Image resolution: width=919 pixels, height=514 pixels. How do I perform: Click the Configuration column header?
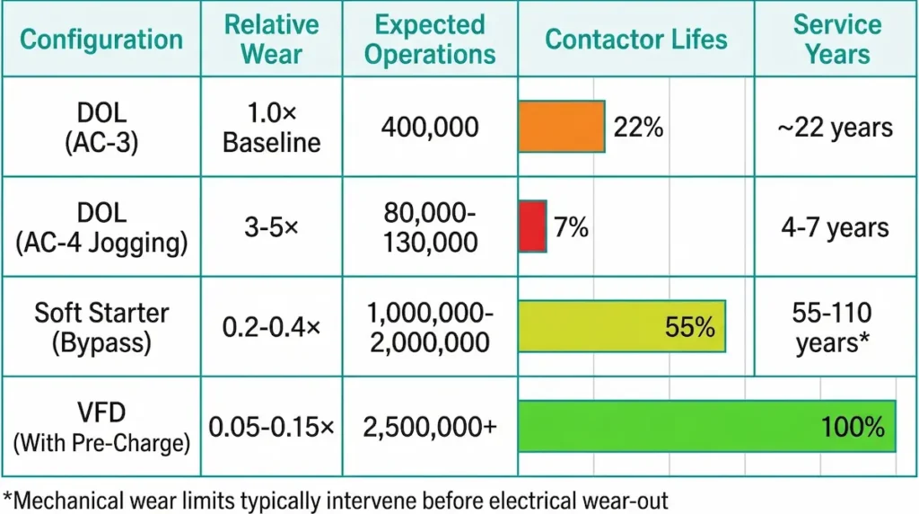pos(101,40)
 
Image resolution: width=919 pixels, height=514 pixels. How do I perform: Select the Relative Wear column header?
pos(271,39)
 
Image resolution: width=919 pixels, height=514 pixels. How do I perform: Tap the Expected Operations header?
pos(430,39)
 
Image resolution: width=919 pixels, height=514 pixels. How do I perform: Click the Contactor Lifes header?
pos(636,40)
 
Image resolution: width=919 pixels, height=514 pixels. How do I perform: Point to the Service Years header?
pos(836,39)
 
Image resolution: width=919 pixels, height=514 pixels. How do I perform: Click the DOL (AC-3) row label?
pos(101,128)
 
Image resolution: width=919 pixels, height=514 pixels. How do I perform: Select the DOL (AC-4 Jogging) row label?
pos(101,227)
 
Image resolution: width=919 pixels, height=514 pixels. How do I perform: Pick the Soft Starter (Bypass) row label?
pos(101,327)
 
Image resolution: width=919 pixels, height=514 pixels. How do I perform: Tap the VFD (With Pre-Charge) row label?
pos(101,427)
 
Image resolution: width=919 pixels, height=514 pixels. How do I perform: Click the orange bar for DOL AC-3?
pos(562,127)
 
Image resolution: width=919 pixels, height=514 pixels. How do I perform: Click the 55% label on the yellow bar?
pos(690,327)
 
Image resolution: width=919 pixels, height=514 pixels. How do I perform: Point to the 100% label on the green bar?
pos(853,427)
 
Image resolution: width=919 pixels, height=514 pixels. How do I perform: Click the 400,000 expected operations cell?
pos(430,128)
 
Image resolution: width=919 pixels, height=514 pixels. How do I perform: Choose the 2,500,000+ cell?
pos(430,428)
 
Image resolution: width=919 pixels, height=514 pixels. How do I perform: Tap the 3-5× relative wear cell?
pos(271,227)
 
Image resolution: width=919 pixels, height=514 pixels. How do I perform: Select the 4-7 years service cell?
pos(836,227)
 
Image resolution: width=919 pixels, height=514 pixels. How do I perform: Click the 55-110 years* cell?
pos(836,328)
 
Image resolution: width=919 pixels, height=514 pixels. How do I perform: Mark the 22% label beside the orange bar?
pos(638,128)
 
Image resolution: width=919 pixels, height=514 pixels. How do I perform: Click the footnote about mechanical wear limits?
pos(336,496)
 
